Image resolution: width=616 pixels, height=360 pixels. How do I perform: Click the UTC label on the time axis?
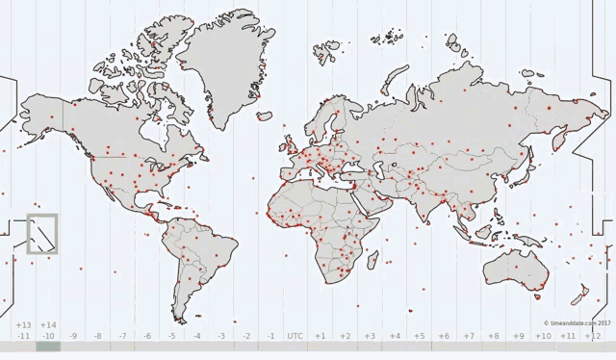(x=295, y=336)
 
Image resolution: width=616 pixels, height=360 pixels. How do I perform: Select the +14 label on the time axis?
(x=48, y=325)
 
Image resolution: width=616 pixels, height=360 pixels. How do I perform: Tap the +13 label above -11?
(x=24, y=325)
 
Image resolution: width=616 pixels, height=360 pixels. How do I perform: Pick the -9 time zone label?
(x=73, y=336)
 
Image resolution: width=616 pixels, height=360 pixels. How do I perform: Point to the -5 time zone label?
(x=171, y=336)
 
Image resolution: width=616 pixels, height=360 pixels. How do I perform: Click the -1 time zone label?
(x=270, y=336)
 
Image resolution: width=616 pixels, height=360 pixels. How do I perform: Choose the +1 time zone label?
(x=320, y=336)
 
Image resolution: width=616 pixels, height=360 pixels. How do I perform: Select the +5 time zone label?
(x=419, y=336)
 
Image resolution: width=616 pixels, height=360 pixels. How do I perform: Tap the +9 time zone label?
(x=518, y=336)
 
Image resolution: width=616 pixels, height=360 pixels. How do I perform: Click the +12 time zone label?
(x=592, y=336)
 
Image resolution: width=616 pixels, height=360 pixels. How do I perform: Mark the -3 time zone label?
(x=221, y=336)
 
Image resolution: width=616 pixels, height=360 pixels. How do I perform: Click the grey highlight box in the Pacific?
(x=42, y=234)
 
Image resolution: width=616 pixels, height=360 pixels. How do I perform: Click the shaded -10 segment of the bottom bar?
(x=48, y=347)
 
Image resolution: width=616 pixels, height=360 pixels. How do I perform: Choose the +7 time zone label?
(x=468, y=336)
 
